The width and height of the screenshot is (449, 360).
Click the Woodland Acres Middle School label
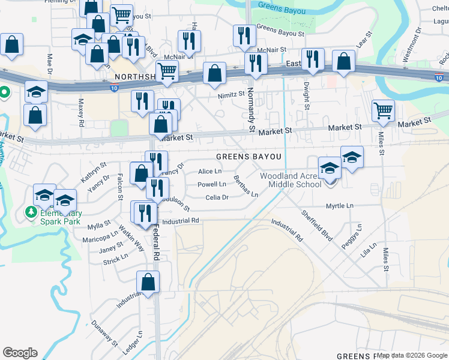291,180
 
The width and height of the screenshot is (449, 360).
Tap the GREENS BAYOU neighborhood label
249,157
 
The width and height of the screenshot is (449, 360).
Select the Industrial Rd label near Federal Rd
180,221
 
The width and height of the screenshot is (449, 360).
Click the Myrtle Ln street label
339,206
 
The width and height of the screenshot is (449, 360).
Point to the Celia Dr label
217,197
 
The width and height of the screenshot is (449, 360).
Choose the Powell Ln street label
212,184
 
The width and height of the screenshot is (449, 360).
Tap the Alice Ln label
210,172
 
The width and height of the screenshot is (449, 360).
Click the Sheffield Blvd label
317,226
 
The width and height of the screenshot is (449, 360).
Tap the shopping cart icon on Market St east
383,110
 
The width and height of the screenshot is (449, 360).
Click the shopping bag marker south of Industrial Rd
148,283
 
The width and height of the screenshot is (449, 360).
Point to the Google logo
20,353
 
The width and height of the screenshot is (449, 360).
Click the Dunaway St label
104,333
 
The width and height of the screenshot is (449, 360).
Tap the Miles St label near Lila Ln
385,259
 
